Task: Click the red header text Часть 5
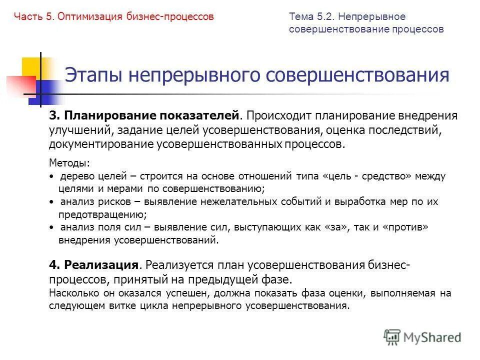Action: [x=33, y=17]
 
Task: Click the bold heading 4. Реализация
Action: [x=94, y=265]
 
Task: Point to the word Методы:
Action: [x=69, y=163]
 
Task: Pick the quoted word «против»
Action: [x=405, y=227]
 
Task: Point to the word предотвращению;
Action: [x=103, y=214]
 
